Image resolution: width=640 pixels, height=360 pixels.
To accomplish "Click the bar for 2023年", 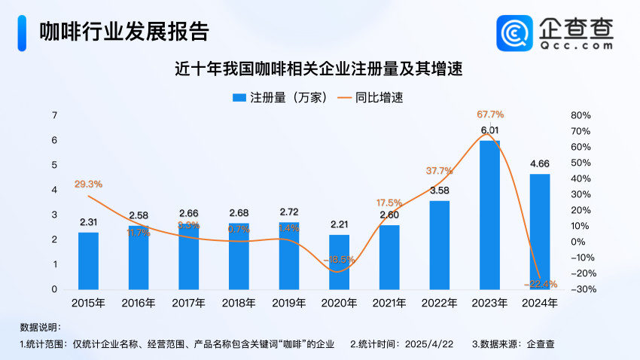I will (x=489, y=215).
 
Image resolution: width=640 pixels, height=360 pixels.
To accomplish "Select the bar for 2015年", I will (x=88, y=261).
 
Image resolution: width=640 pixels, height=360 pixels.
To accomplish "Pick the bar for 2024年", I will (x=539, y=231).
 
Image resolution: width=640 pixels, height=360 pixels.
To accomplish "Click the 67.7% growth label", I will (x=490, y=114).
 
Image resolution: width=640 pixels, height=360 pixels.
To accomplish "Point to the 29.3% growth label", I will (x=88, y=184).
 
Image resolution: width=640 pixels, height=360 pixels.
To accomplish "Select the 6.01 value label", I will (x=490, y=130).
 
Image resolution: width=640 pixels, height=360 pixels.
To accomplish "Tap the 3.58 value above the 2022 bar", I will (x=440, y=191).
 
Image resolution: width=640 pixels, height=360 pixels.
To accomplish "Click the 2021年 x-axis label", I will (x=389, y=304).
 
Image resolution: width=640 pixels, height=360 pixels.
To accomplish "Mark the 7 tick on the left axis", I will (x=54, y=115).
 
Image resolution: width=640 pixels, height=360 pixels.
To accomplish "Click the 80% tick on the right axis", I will (x=581, y=115).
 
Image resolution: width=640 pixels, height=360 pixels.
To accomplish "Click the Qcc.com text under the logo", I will (x=577, y=45).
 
